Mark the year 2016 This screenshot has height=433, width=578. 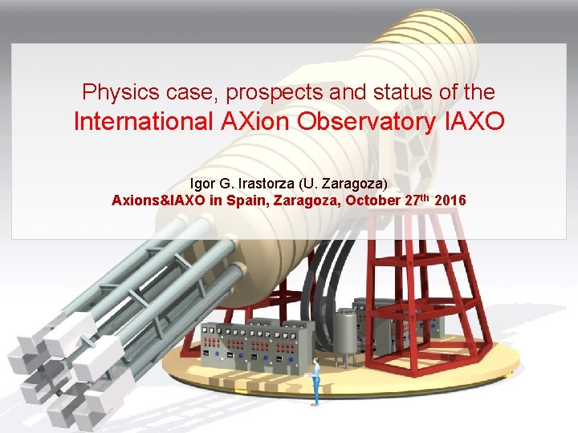[449, 200]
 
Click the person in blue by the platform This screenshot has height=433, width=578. [316, 380]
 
